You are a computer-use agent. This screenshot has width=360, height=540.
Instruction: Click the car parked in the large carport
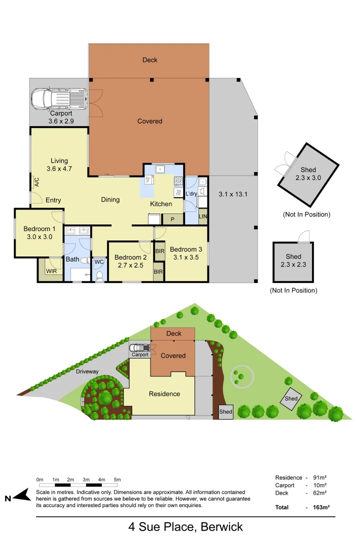pos(59,99)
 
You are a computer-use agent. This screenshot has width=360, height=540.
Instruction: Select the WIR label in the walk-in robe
pos(51,271)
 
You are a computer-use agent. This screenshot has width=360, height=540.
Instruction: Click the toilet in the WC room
pos(99,275)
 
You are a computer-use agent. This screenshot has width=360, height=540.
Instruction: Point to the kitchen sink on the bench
pos(159,169)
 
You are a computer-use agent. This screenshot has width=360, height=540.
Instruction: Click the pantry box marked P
pos(172,219)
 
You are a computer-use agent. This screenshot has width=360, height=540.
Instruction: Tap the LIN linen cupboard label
pos(202,216)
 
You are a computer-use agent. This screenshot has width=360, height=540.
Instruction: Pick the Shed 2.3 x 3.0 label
pos(308,173)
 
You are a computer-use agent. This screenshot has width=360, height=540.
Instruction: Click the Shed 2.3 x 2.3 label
pos(293,260)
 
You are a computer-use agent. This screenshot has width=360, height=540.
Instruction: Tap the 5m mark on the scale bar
pos(117,480)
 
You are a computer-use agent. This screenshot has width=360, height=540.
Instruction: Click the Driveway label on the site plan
pos(88,371)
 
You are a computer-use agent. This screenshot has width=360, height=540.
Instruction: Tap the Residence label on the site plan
pos(164,394)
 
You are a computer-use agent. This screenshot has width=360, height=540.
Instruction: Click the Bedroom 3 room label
pos(186,253)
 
